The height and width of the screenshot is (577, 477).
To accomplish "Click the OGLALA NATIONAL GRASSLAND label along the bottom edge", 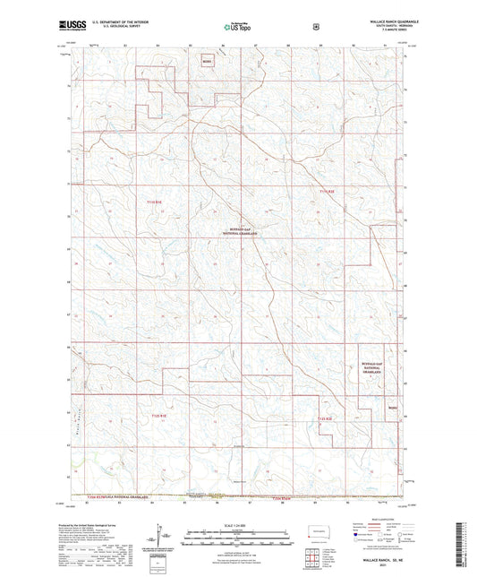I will coord(115,497).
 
